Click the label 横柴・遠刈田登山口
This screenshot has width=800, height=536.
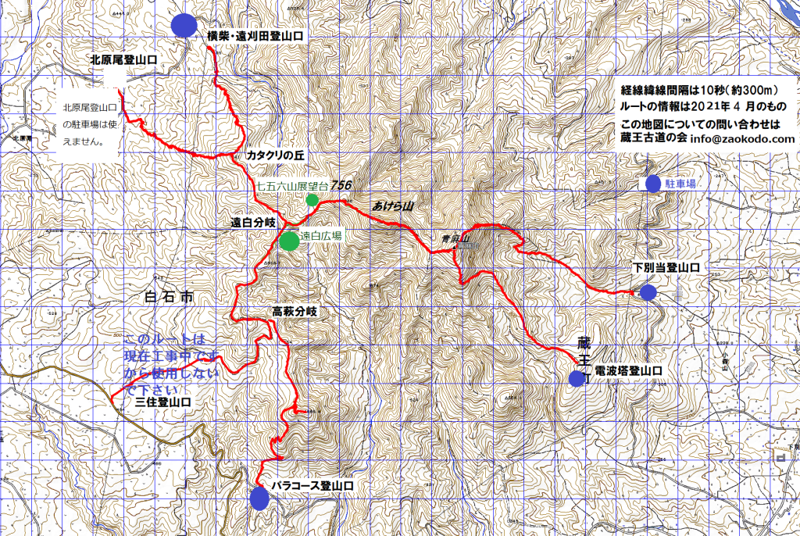click(x=255, y=36)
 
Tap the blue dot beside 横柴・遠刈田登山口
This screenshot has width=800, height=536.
click(x=184, y=25)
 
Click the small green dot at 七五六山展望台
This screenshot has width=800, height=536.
click(x=312, y=200)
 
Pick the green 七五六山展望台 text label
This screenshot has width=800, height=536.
click(x=294, y=186)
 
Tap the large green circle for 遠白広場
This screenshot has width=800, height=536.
click(x=289, y=241)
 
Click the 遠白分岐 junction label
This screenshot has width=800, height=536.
click(x=253, y=222)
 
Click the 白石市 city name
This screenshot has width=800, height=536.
click(x=168, y=297)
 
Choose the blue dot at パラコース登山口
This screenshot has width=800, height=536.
click(x=259, y=498)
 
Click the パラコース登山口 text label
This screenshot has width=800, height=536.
click(x=312, y=486)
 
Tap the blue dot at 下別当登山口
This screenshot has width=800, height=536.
click(x=648, y=293)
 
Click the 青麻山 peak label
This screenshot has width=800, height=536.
click(x=453, y=239)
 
